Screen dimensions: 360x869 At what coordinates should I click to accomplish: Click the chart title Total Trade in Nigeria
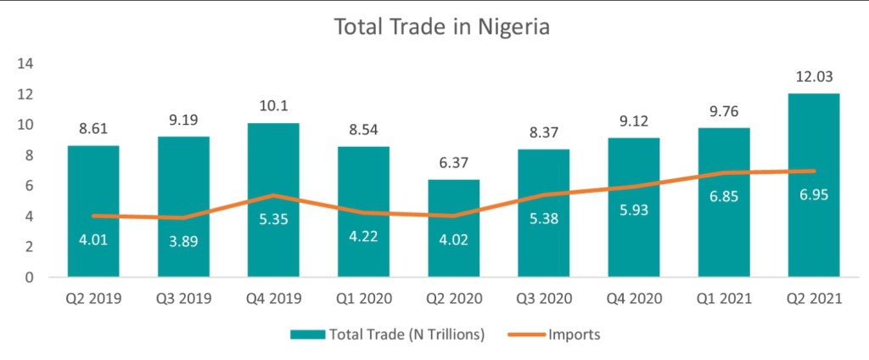pyautogui.click(x=441, y=27)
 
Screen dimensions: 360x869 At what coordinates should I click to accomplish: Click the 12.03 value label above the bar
pyautogui.click(x=814, y=77)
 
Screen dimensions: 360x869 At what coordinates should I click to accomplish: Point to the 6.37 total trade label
pyautogui.click(x=454, y=164)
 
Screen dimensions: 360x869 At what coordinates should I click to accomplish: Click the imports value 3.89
pyautogui.click(x=183, y=241)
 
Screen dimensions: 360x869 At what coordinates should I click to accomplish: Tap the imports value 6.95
pyautogui.click(x=814, y=194)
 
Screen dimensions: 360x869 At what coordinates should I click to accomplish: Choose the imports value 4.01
pyautogui.click(x=93, y=239)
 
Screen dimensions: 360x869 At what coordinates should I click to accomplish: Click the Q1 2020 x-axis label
pyautogui.click(x=363, y=299)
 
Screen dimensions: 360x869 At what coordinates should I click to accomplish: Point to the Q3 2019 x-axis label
pyautogui.click(x=183, y=299)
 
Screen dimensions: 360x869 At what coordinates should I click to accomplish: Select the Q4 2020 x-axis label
pyautogui.click(x=634, y=299)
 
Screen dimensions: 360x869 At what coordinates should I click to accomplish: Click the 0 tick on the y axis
pyautogui.click(x=28, y=277)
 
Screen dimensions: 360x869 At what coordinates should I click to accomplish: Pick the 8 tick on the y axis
pyautogui.click(x=28, y=155)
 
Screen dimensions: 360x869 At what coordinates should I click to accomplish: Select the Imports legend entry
pyautogui.click(x=556, y=335)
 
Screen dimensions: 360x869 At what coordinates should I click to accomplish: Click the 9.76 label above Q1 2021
pyautogui.click(x=724, y=111)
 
